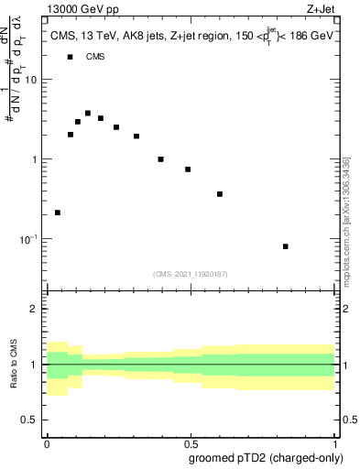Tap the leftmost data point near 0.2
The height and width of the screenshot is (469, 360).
[58, 213]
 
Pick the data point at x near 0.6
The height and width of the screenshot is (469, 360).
[220, 194]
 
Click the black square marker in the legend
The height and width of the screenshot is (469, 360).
[70, 57]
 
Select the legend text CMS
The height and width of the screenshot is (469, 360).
[95, 57]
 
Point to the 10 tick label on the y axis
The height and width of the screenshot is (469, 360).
[31, 80]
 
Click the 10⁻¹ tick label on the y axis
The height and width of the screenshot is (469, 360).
[29, 239]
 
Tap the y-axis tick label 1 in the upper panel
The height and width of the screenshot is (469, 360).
[35, 159]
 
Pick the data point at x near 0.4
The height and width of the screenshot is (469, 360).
[160, 159]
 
